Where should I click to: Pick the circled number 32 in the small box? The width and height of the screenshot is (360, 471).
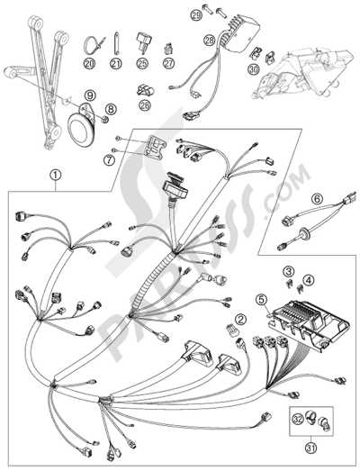point(298,420)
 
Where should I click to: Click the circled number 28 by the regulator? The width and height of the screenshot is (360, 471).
point(211,40)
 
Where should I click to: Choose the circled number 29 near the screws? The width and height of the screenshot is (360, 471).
point(197,15)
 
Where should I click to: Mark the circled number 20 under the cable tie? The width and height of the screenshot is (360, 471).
point(90,63)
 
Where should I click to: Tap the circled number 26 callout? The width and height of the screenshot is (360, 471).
point(145,104)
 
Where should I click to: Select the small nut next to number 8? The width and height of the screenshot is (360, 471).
point(103,120)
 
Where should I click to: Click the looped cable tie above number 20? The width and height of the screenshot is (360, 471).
point(94,44)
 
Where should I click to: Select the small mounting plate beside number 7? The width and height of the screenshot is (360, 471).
point(155,147)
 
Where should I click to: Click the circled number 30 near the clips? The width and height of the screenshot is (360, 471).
point(254,69)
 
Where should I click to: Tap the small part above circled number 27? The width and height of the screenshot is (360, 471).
point(169,49)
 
